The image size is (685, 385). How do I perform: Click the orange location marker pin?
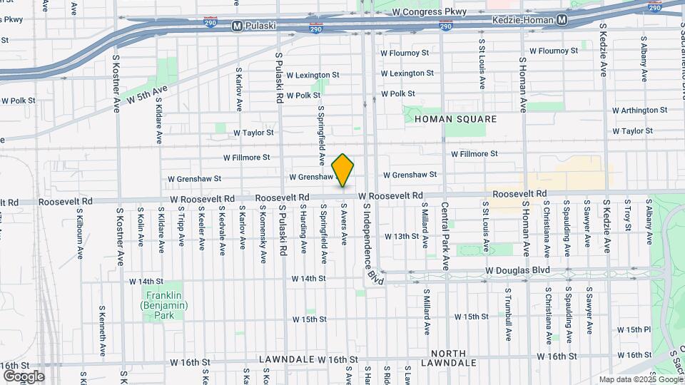343,170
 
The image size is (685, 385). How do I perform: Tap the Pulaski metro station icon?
238,26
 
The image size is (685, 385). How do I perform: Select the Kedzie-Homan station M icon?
562,20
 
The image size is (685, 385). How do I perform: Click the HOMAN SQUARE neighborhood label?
455,119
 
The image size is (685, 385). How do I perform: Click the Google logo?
24,376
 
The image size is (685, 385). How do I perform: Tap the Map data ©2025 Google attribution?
640,379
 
